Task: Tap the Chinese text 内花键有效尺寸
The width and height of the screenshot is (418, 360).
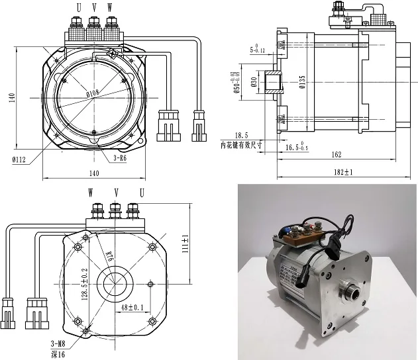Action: (242, 144)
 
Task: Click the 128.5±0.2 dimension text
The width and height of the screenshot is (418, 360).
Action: (83, 283)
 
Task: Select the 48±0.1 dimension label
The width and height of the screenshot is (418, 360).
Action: (133, 308)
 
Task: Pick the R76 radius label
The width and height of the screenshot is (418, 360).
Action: (109, 256)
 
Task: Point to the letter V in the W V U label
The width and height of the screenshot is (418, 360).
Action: (116, 193)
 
